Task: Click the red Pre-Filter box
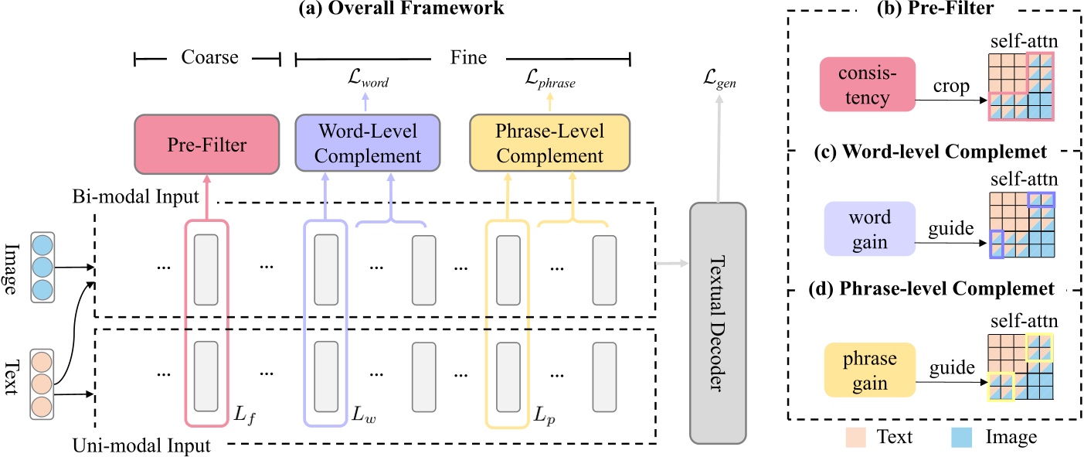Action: coord(206,145)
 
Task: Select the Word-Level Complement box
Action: coord(368,145)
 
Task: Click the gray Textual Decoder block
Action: coord(718,322)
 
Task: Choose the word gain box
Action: coord(869,230)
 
